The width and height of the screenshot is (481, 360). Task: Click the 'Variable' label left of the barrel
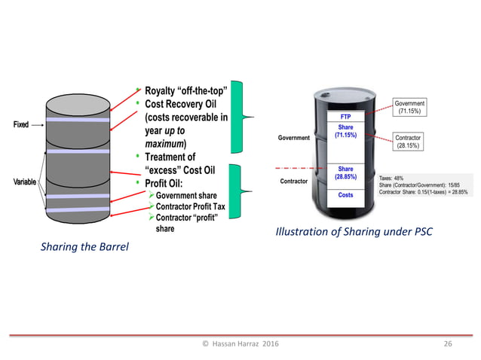click(x=24, y=183)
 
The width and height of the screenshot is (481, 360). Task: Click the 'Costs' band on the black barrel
click(x=345, y=195)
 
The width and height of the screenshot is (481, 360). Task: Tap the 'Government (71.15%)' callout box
click(x=409, y=108)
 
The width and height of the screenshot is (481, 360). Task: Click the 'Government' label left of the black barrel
click(x=296, y=139)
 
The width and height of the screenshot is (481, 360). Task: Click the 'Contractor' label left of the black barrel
click(x=296, y=182)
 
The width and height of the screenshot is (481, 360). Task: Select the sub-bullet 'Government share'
click(x=185, y=196)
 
